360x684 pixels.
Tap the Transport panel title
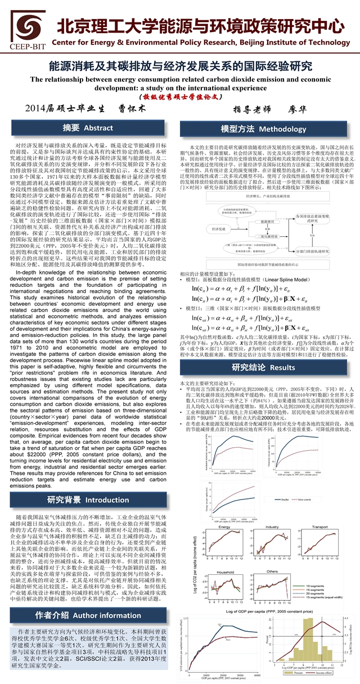319,526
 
